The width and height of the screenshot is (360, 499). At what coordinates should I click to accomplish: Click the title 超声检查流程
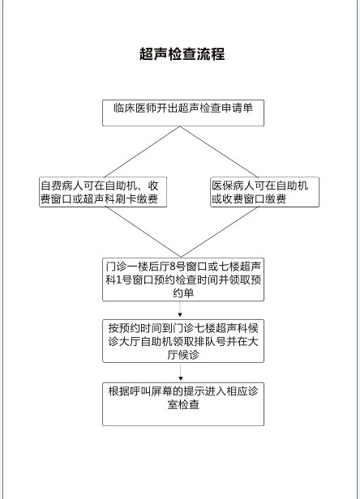(182, 53)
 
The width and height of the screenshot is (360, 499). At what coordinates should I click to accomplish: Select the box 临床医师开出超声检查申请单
(183, 113)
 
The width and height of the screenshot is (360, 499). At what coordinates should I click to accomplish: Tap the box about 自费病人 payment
(103, 192)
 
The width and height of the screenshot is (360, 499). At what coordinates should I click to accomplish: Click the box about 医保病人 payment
(265, 192)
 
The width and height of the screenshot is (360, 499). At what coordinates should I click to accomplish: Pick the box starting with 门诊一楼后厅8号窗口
(183, 279)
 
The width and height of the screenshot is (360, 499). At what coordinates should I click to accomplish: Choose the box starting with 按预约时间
(183, 341)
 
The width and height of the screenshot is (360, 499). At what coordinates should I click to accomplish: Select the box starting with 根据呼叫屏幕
(183, 404)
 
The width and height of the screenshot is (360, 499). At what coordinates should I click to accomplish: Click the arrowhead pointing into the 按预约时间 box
(180, 315)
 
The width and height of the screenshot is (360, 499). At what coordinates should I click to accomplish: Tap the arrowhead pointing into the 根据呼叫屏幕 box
(181, 378)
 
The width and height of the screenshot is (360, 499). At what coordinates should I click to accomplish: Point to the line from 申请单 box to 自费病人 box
(142, 151)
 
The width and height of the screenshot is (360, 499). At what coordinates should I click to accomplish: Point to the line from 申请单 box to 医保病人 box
(219, 151)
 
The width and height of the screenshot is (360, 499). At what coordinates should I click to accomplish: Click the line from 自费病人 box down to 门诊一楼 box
(143, 232)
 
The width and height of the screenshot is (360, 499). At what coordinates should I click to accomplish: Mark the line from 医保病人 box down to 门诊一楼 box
(220, 232)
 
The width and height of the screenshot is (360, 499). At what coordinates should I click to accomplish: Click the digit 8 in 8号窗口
(173, 266)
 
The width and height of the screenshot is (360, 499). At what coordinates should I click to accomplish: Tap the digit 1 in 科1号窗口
(119, 279)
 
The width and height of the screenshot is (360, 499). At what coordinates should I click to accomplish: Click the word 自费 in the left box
(51, 186)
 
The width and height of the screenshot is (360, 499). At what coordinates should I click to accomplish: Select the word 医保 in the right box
(222, 186)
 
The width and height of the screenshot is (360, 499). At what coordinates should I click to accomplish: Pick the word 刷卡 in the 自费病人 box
(126, 199)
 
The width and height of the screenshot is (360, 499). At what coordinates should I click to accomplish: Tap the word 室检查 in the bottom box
(183, 404)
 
